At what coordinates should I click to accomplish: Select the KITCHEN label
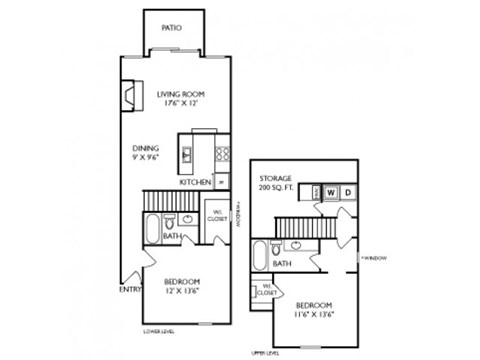tap(194, 183)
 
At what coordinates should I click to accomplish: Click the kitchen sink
tap(187, 155)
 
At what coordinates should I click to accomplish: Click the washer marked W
tap(330, 192)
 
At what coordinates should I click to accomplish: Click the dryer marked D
tap(347, 192)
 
